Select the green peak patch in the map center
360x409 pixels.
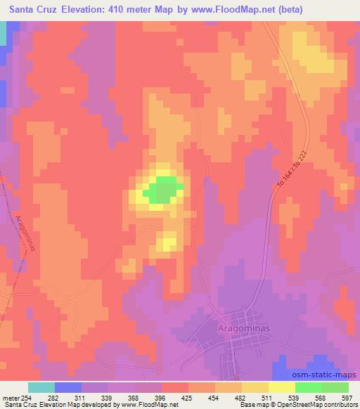pyautogui.click(x=164, y=190)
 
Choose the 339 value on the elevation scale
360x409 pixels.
pyautogui.click(x=108, y=398)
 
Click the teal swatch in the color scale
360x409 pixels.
pyautogui.click(x=41, y=387)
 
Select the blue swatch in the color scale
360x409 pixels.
pyautogui.click(x=68, y=387)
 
